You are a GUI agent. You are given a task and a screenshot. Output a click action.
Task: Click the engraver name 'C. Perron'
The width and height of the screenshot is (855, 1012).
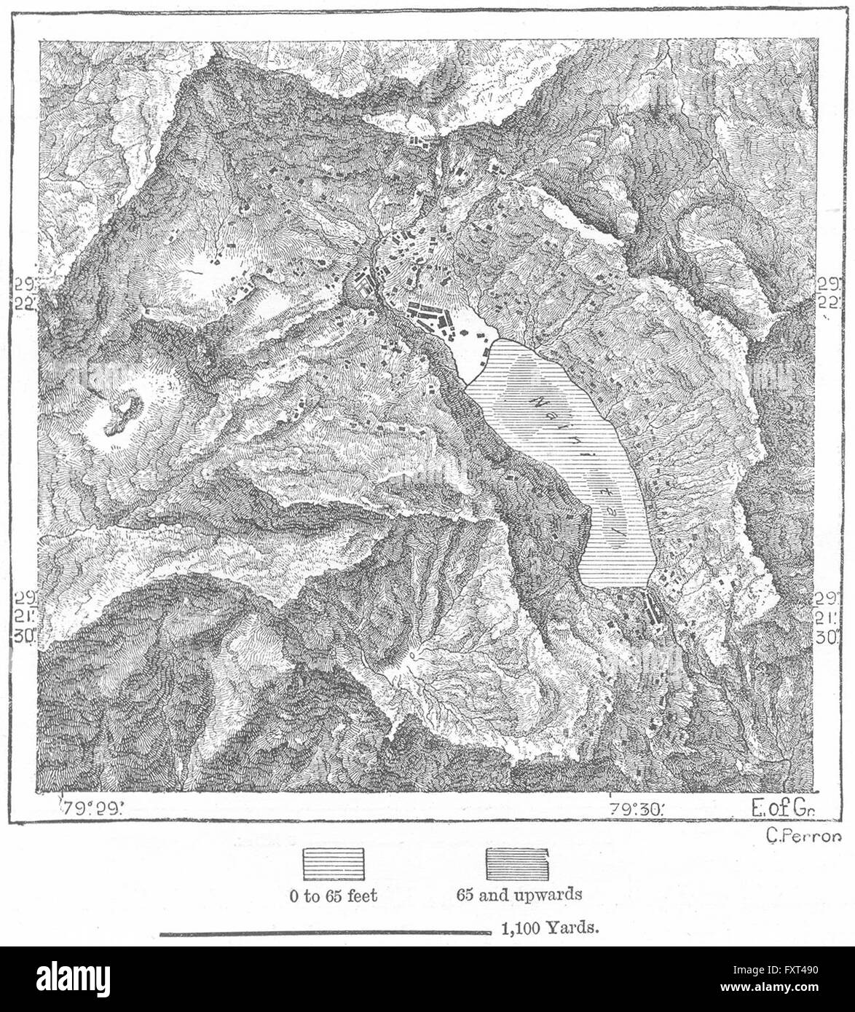(x=799, y=837)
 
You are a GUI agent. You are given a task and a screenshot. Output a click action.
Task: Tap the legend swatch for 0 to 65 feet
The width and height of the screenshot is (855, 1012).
(x=333, y=866)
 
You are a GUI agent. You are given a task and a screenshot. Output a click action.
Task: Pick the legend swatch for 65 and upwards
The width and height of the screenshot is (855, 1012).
(x=517, y=866)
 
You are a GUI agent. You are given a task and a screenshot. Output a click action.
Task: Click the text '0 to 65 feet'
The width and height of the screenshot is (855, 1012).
(x=333, y=895)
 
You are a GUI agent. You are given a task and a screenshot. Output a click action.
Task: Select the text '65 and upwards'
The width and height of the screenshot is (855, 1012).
(x=519, y=895)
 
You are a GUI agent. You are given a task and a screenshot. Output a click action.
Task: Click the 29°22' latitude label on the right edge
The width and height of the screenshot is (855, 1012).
(x=827, y=293)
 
